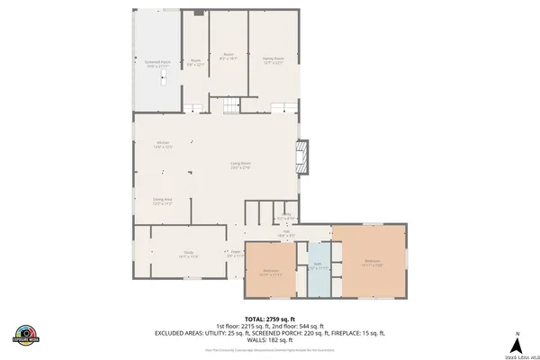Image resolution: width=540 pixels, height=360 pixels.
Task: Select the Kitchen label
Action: click(x=163, y=145)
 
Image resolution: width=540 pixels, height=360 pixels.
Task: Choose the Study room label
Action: click(x=189, y=255)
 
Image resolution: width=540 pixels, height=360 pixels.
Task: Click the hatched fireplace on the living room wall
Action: click(x=303, y=156)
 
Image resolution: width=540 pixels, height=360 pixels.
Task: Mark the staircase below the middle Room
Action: click(x=231, y=108)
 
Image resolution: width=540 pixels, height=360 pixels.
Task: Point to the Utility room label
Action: click(x=285, y=217)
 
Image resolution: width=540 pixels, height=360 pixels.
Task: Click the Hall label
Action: click(x=291, y=234)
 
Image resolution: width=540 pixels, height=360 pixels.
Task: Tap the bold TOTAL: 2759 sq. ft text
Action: click(x=269, y=319)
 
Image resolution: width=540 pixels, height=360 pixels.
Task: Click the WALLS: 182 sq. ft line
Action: click(x=269, y=339)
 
